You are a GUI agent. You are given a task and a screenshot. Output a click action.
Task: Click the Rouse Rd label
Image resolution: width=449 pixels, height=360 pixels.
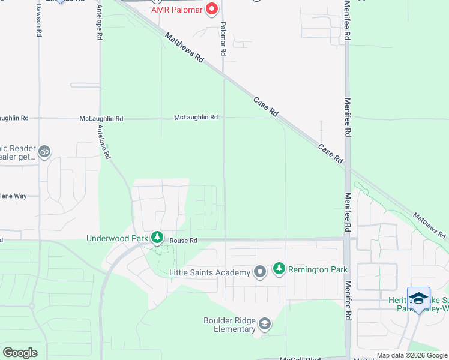click(183, 241)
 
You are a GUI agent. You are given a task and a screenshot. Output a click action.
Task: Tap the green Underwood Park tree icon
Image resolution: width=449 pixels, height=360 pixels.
click(157, 238)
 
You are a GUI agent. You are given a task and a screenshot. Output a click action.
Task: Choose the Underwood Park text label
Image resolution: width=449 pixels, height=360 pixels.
click(117, 238)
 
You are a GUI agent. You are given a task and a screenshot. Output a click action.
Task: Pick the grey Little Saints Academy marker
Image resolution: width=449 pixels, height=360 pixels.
click(260, 272)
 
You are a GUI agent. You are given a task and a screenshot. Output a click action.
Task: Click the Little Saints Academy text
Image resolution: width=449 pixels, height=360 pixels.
click(209, 273)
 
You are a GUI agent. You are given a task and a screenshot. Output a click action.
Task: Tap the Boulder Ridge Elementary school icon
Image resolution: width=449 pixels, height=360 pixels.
click(264, 325)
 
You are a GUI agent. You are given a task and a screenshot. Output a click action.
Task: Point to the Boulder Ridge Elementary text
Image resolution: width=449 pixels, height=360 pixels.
click(229, 325)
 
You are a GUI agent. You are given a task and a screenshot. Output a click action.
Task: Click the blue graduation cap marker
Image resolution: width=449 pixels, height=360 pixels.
click(418, 298)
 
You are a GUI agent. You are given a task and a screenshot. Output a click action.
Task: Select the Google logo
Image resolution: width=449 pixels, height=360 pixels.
click(20, 353)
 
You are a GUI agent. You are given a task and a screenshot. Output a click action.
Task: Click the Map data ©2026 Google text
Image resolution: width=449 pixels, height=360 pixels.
click(412, 355)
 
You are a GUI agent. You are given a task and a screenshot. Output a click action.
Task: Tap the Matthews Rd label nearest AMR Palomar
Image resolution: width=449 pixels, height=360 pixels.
click(185, 49)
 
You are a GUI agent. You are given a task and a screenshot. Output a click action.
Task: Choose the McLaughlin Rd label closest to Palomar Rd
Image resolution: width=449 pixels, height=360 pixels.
click(196, 118)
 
